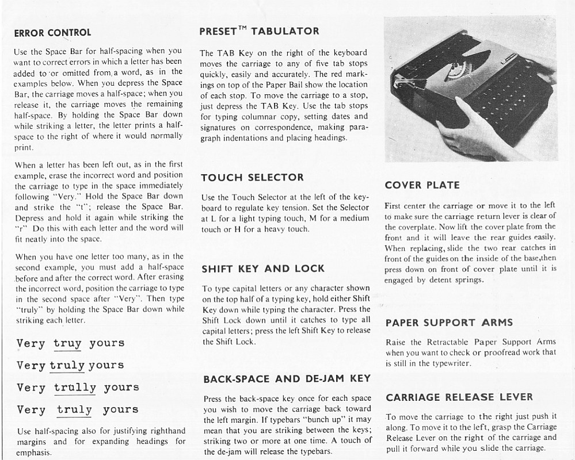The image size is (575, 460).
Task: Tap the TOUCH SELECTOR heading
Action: click(x=252, y=177)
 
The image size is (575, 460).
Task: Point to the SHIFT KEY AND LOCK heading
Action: click(x=263, y=269)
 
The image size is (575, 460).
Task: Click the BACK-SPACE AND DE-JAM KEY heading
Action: click(x=287, y=379)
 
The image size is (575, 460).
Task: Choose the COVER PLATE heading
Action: click(x=422, y=185)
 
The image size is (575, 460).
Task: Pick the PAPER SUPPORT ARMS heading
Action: click(x=449, y=323)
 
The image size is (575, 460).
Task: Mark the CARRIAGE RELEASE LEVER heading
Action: click(x=459, y=397)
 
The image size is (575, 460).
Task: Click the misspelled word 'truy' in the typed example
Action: click(x=67, y=343)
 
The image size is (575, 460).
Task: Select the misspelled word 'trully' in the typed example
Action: click(x=75, y=388)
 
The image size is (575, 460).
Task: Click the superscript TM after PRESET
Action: click(x=241, y=28)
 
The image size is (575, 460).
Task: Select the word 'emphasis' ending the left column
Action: click(x=34, y=453)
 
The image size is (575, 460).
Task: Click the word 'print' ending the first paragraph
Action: click(x=24, y=147)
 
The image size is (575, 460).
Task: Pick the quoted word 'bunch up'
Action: click(x=323, y=419)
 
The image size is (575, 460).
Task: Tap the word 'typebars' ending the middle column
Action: click(x=314, y=451)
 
